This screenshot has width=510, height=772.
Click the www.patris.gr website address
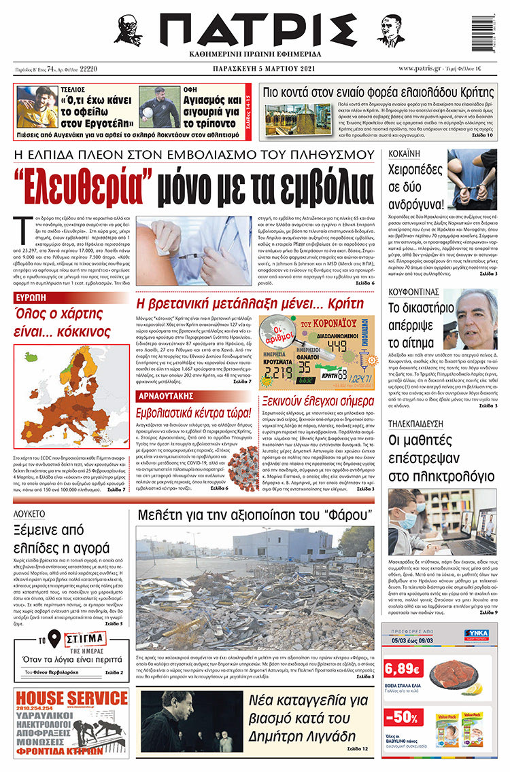(426, 69)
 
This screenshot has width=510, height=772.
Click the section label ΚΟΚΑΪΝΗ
(403, 155)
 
